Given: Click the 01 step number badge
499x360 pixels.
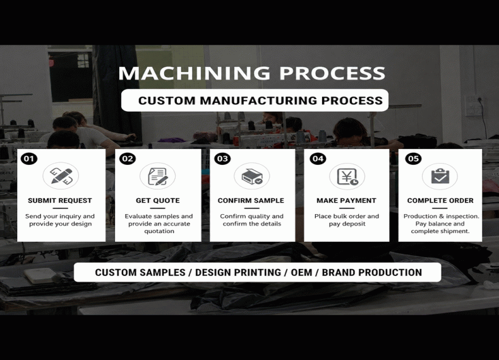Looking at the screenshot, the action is (29, 159).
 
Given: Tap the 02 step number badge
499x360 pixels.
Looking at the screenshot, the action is (128, 159).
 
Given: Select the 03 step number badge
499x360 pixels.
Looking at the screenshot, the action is (222, 159).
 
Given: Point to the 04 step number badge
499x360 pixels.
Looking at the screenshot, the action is (318, 159).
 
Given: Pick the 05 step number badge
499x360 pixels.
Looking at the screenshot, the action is (413, 159).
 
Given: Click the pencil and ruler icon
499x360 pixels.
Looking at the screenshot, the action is (61, 176).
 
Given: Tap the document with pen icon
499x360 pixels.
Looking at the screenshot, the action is (157, 176).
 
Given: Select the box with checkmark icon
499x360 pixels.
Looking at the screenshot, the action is (252, 176).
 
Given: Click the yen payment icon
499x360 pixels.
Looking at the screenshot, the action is (347, 176).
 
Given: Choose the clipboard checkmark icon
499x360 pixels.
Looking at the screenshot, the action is (440, 176).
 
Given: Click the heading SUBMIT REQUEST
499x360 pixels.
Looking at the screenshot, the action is (60, 201).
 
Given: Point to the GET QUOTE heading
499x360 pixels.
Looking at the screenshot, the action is (158, 201).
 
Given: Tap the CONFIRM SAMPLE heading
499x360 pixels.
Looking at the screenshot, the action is (251, 201).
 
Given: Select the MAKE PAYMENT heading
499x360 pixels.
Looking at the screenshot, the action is (346, 201).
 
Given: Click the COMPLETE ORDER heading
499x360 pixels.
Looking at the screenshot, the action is (440, 201).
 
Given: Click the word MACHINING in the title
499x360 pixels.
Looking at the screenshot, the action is (194, 73).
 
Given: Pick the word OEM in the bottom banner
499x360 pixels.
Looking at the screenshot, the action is (301, 272).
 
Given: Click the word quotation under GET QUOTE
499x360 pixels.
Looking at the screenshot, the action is (159, 231).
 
